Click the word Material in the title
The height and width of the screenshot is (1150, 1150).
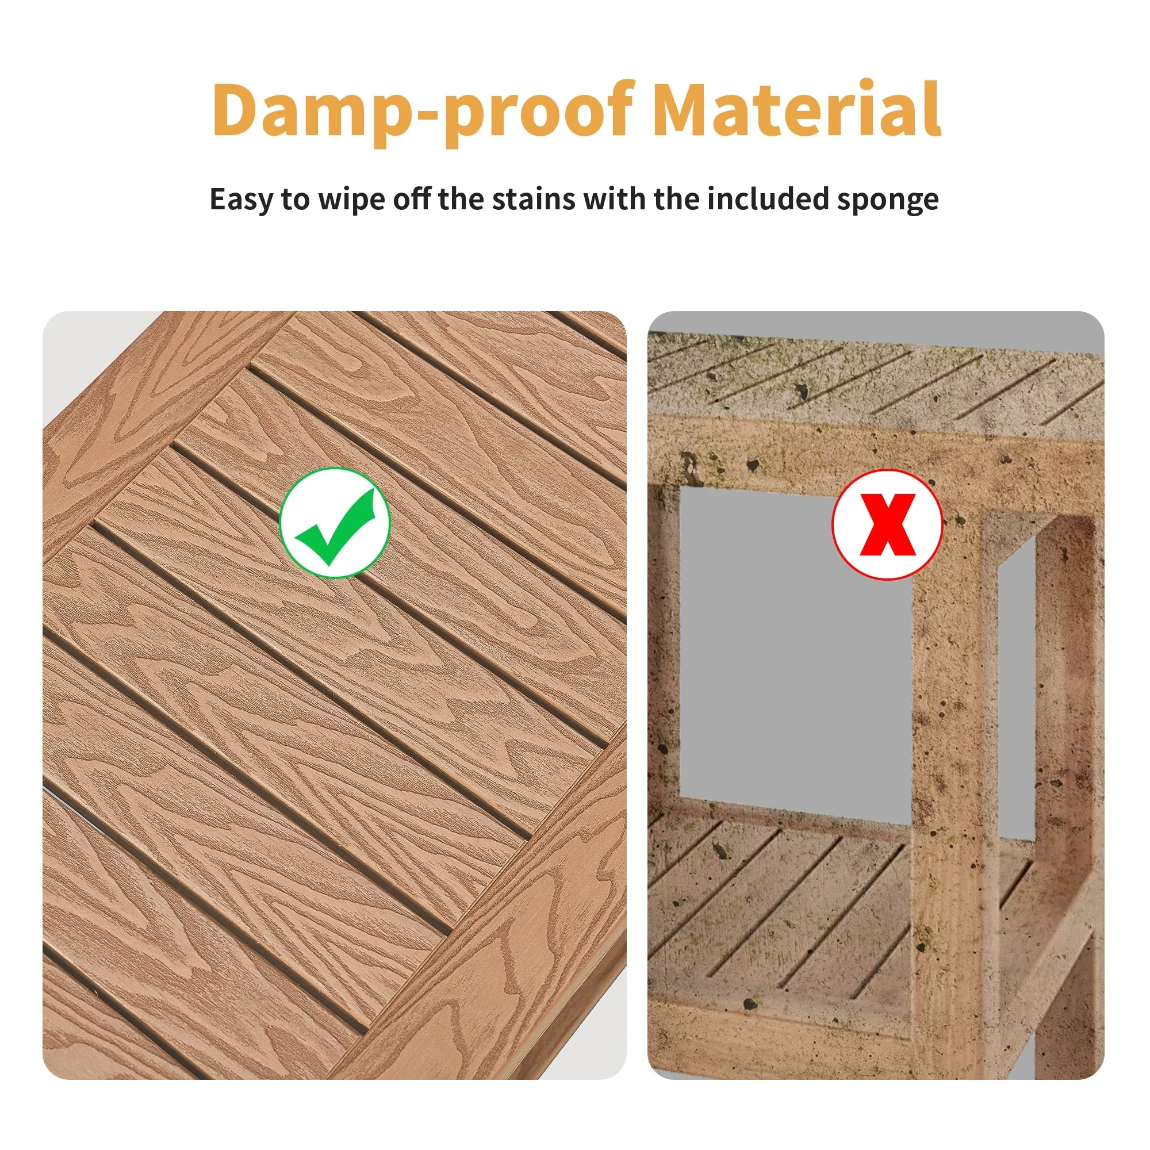[797, 108]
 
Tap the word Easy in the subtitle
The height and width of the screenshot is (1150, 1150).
[240, 200]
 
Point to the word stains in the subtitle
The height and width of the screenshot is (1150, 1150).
[534, 199]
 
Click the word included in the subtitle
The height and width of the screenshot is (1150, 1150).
[768, 198]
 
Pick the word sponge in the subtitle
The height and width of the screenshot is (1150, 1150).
[887, 201]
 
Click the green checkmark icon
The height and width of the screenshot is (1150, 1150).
[335, 523]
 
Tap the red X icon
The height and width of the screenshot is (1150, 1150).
[887, 524]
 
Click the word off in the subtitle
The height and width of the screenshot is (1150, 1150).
[412, 198]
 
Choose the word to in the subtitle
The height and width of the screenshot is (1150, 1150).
[294, 200]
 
